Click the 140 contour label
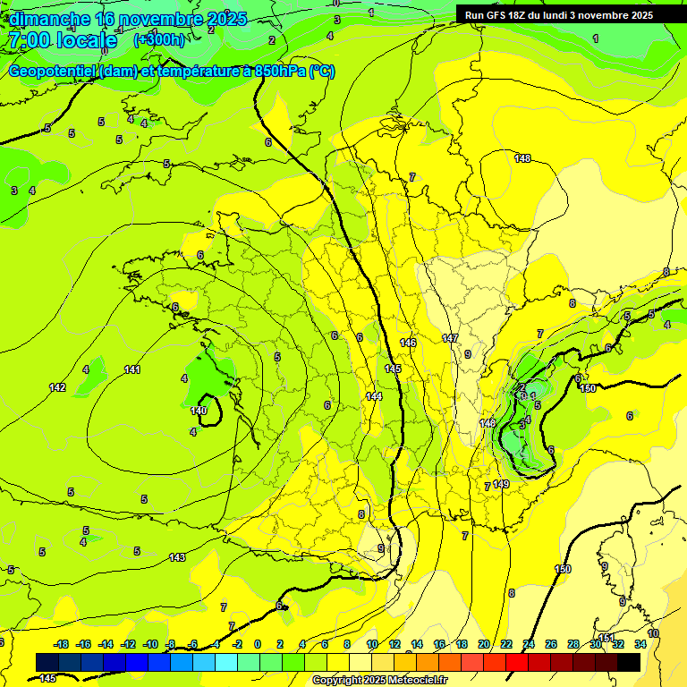coord(199,411)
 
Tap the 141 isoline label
coord(132,369)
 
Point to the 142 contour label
coord(57,387)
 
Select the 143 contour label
coord(177,557)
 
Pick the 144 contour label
coord(375,395)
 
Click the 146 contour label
coord(408,343)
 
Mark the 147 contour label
coord(450,338)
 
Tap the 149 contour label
coord(501,484)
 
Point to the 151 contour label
coord(607,638)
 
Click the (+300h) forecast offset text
coord(159,39)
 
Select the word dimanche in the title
coord(49,18)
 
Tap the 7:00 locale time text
coord(63,40)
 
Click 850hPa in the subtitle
coord(275,72)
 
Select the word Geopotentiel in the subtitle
coord(53,72)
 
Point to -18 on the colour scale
coord(61,644)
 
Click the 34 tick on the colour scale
coord(640,644)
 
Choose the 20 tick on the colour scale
coord(484,644)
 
